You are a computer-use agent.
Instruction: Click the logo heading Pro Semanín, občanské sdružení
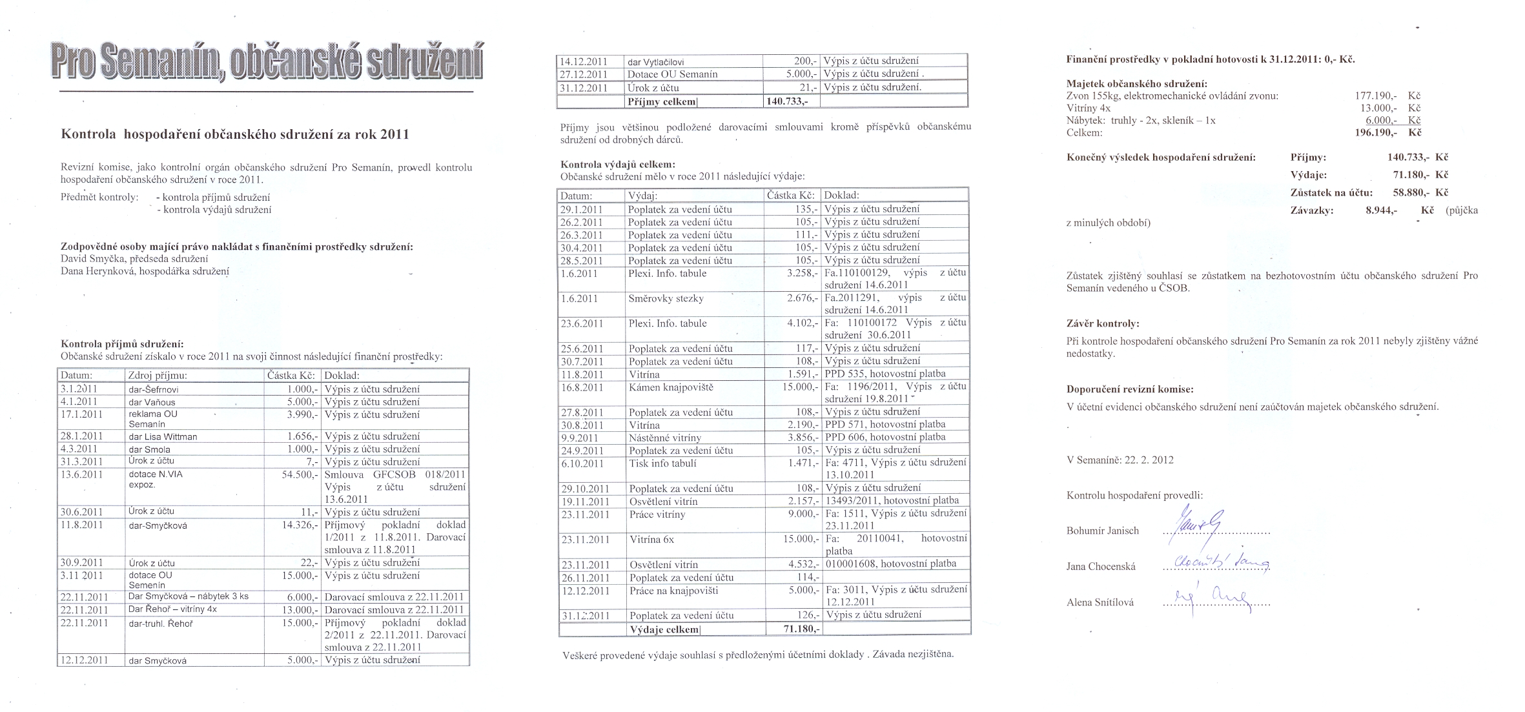[x=267, y=63]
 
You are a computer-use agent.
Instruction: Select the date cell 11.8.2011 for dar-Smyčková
[x=82, y=525]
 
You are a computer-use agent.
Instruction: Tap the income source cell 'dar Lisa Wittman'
[x=163, y=436]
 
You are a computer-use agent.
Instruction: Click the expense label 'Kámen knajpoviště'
[x=670, y=387]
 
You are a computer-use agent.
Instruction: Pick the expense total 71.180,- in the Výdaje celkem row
[x=793, y=629]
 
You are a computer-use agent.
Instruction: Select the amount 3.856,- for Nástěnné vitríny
[x=803, y=438]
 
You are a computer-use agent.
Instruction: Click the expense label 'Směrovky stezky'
[x=666, y=299]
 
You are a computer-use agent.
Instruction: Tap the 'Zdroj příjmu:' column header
[x=158, y=376]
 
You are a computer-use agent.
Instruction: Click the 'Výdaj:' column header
[x=643, y=195]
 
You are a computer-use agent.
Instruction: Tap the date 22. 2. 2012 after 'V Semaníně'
[x=1149, y=460]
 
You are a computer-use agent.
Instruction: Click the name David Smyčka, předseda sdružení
[x=134, y=258]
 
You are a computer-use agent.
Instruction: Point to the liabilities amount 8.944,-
[x=1381, y=210]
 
